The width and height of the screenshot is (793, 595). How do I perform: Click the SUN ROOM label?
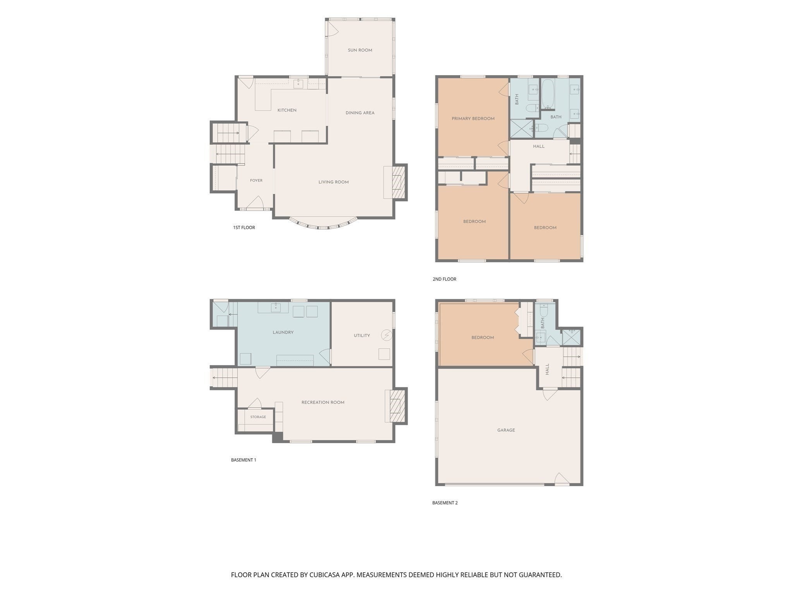coord(360,50)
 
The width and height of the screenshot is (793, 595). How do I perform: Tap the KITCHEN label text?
coord(287,110)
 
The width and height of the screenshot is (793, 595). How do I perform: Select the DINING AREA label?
coord(360,113)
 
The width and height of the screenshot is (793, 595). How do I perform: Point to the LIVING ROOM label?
coord(333,182)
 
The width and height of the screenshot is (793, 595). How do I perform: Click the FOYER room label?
coord(256,181)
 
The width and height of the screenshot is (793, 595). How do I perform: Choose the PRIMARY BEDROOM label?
coord(473,119)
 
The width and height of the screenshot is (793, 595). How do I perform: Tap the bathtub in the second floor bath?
coord(548,94)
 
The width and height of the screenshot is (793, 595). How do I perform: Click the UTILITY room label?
coord(362,335)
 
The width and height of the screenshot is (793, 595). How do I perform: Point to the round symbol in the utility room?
coord(386,335)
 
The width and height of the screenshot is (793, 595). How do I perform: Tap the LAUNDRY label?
coord(283,332)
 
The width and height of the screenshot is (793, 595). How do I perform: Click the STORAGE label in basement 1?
coord(258,417)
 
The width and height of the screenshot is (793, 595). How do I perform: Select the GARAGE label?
coord(506,430)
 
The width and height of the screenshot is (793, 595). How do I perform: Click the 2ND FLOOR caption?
coord(445,279)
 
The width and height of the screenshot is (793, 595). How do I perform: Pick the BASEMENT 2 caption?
coord(445,503)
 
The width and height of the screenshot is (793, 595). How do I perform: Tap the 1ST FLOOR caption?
coord(244,227)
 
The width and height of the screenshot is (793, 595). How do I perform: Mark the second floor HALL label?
coord(539,146)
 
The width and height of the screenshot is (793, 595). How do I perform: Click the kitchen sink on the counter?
coord(298,84)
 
